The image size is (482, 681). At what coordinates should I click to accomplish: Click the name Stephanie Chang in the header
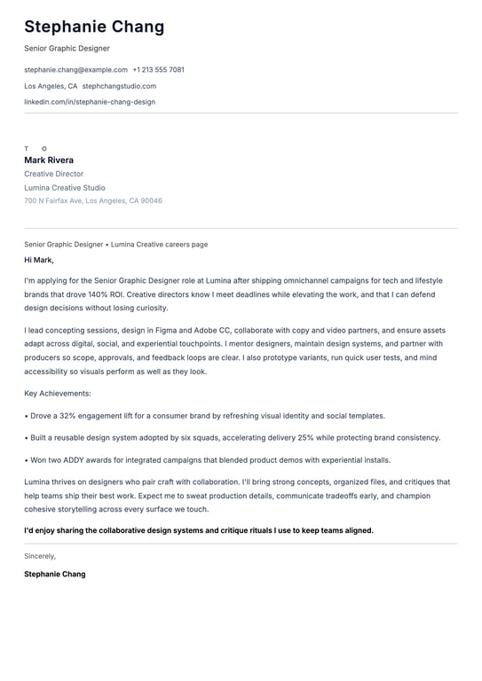[94, 27]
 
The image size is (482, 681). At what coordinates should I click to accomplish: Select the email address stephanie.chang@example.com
[75, 69]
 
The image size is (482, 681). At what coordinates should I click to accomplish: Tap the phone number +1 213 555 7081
[159, 69]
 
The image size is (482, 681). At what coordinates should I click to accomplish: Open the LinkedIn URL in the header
[90, 102]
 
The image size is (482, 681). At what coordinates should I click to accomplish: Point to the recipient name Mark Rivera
[49, 160]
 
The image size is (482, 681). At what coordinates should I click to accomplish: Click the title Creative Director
[53, 174]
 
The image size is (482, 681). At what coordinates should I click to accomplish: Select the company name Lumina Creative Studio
[65, 188]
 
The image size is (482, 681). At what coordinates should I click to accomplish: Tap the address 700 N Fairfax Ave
[54, 201]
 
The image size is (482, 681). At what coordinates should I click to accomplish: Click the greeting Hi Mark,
[39, 260]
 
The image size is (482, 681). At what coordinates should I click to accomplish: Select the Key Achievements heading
[58, 393]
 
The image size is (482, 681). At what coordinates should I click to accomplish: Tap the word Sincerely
[40, 556]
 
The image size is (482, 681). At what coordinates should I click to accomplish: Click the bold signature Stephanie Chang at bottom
[55, 574]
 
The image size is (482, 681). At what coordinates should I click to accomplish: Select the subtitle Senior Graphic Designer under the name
[67, 48]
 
